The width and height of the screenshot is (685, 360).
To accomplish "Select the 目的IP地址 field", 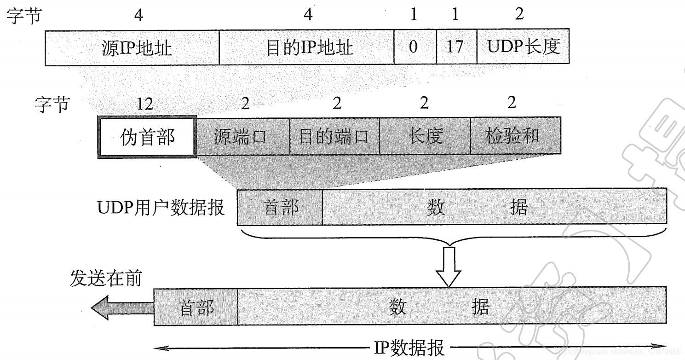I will [306, 47].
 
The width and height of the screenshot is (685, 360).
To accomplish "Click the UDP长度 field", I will [523, 47].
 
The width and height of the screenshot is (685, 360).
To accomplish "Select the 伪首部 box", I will [147, 137].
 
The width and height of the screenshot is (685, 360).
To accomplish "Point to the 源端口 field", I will [243, 136].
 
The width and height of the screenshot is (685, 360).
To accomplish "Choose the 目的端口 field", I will [334, 136].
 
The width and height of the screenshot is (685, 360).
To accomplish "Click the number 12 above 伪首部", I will [144, 104].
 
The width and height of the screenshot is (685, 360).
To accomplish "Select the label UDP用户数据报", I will [161, 208].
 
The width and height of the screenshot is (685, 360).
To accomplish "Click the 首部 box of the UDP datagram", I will [280, 207].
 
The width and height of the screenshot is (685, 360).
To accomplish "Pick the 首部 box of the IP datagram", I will [196, 307].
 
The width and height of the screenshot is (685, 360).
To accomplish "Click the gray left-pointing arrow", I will [121, 307].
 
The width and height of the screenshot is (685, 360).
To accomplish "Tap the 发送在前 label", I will [106, 279].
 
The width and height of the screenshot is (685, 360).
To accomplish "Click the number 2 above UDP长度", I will [519, 14].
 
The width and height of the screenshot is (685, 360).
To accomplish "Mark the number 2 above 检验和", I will [512, 104].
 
